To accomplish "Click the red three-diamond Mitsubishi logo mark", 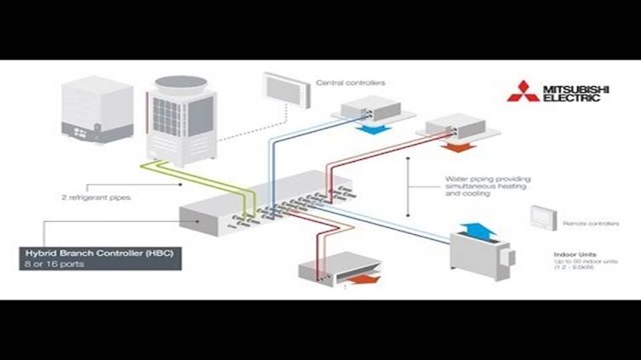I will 522,92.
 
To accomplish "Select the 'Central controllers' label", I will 351,83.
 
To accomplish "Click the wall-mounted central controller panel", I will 283,87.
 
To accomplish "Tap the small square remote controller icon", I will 542,218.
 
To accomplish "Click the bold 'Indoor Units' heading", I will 575,254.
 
